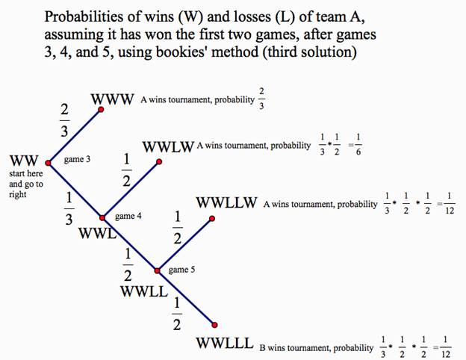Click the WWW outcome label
(x=113, y=99)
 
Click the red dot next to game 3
(x=49, y=162)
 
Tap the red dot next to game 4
(x=103, y=217)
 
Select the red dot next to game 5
(x=158, y=270)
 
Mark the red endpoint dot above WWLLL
(x=214, y=325)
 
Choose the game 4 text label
(x=128, y=216)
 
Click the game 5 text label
(x=182, y=270)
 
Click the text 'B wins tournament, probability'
(x=316, y=347)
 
